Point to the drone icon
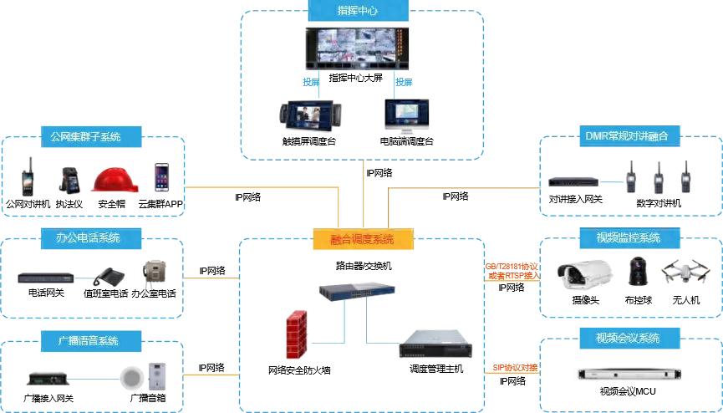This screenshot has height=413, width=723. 683,272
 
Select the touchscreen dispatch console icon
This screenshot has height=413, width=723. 308,116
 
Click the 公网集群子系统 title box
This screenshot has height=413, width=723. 85,136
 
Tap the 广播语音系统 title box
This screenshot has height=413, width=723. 88,341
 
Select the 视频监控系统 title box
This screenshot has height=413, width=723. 629,238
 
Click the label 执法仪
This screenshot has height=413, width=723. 70,204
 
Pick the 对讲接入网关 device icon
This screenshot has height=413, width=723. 575,181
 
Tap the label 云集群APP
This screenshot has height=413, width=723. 160,204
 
